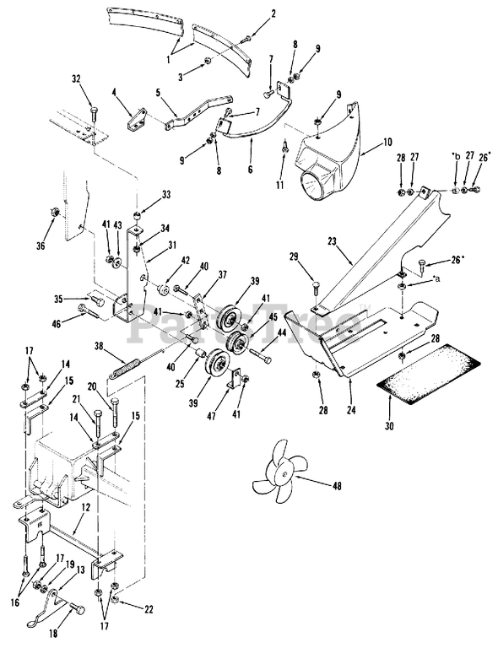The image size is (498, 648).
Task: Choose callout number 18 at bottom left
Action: point(55,628)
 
